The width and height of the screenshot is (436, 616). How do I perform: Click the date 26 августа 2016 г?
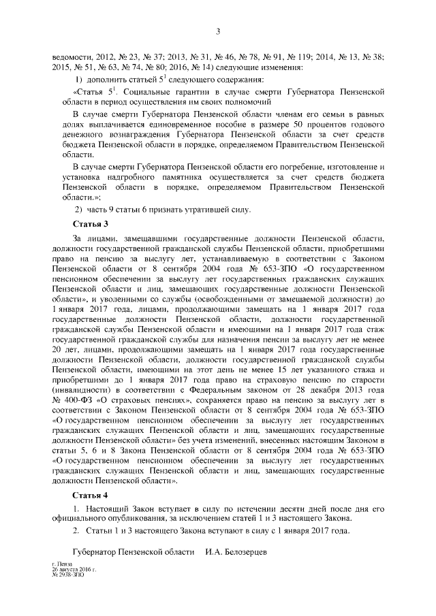74,569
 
